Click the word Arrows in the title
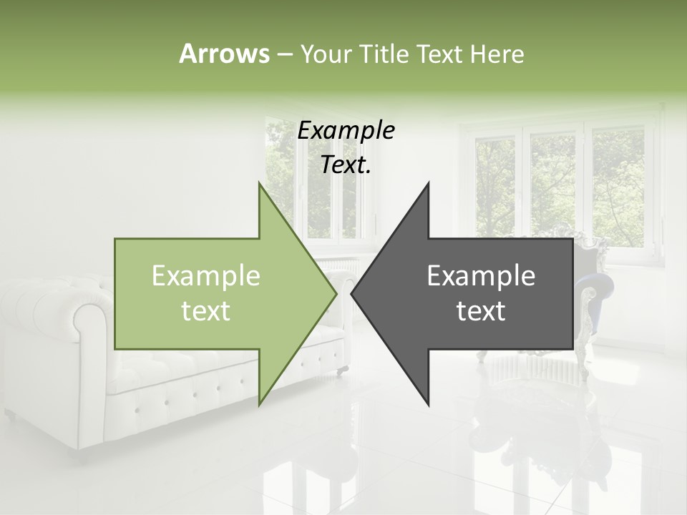point(224,54)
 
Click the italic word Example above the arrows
point(346,131)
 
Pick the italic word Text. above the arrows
point(346,165)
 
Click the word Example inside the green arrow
point(206,276)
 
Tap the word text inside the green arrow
point(206,311)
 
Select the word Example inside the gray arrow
point(481,276)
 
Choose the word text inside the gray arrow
point(481,311)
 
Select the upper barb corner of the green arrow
point(258,182)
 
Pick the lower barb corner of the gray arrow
point(429,406)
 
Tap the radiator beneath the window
point(336,268)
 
